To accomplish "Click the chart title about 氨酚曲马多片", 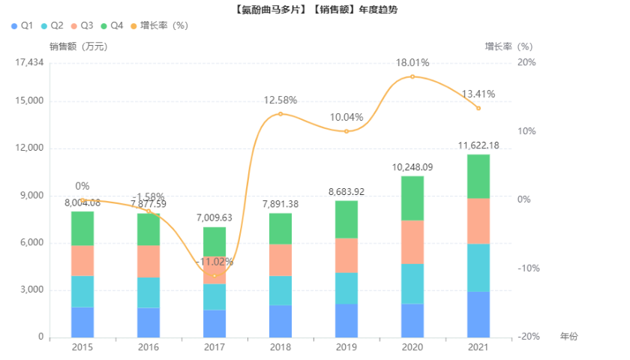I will tap(315, 9).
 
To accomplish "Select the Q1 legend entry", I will tap(22, 25).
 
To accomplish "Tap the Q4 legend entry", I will tap(111, 25).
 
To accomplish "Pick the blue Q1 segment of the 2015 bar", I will tap(82, 322).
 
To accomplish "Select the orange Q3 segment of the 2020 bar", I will tap(412, 241).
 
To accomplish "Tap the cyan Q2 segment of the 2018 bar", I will tap(280, 290).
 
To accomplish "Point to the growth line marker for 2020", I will tap(412, 76).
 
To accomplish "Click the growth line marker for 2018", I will tap(280, 114).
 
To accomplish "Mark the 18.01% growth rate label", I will tap(412, 63).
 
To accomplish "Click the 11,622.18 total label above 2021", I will tap(478, 145).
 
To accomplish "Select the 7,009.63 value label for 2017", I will tap(214, 217).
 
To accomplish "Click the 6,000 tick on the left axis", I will tap(33, 243).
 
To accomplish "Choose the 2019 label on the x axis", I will tap(346, 347).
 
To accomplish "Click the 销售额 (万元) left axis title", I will tap(78, 46).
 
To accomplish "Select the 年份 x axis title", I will tap(569, 337).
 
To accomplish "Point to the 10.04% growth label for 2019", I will tap(346, 118).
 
